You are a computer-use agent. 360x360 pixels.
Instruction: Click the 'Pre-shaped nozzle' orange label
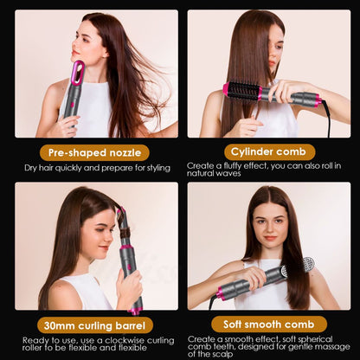[x=89, y=151]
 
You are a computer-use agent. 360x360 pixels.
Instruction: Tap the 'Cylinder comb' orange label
[x=270, y=151]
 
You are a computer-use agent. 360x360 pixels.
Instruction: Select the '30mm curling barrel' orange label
[x=89, y=325]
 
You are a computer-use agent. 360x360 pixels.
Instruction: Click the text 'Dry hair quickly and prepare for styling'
[x=91, y=166]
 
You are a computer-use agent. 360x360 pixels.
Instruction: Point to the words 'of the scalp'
[x=212, y=354]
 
